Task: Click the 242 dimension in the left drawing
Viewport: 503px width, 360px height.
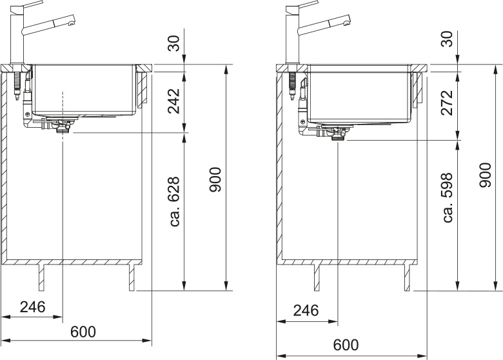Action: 174,101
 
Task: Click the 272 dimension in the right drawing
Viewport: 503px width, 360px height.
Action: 447,103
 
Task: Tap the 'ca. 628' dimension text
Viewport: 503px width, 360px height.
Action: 175,201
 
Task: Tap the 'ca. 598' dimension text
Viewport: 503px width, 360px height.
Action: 447,197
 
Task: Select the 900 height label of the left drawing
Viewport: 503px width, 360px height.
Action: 215,180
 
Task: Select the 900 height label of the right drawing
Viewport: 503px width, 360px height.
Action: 486,175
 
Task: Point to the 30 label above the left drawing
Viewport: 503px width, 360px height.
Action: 174,43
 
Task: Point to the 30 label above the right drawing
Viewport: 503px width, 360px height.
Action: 447,39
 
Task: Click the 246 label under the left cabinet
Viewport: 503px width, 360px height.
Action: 33,307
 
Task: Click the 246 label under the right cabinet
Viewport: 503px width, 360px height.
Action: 306,310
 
